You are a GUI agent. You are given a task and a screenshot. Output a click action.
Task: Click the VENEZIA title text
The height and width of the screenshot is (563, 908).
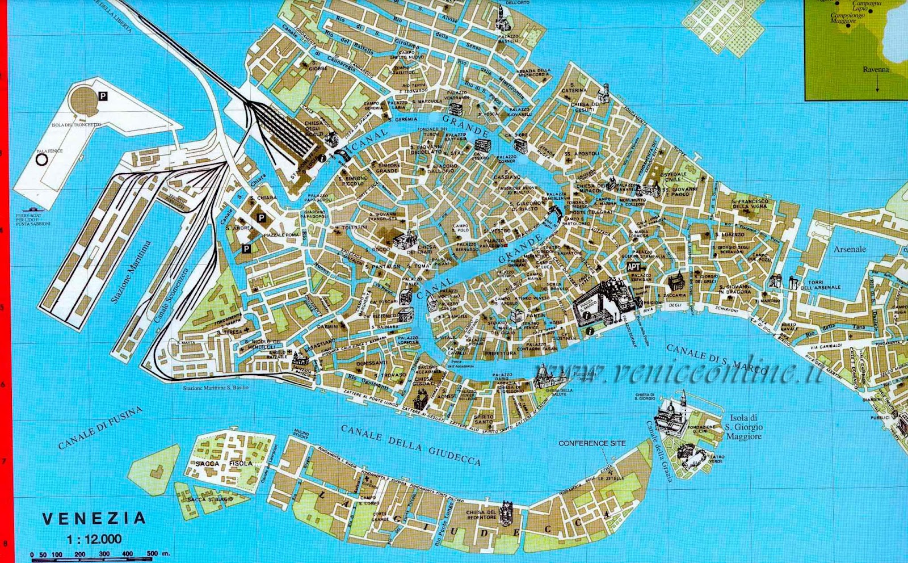[x=94, y=518]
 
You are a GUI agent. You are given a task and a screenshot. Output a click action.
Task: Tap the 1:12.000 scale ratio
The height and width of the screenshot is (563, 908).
[x=94, y=539]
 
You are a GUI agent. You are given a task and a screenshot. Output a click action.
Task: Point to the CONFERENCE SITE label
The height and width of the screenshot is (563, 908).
[x=592, y=443]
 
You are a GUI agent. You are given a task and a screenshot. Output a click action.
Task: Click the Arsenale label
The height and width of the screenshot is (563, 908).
[x=850, y=249]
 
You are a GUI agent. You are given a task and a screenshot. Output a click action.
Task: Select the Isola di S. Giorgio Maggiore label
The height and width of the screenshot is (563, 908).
[x=743, y=427]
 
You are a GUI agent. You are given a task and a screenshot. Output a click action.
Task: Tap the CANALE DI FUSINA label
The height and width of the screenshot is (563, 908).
[x=100, y=427]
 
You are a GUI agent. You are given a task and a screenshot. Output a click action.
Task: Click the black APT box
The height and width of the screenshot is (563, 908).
[x=633, y=266]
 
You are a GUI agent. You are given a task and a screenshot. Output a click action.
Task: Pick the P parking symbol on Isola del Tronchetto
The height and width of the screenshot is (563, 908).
[x=103, y=96]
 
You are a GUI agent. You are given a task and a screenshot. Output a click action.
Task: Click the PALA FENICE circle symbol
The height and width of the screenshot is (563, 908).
[x=41, y=160]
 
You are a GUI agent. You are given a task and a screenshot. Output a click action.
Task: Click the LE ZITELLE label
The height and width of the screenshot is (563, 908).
[x=610, y=478]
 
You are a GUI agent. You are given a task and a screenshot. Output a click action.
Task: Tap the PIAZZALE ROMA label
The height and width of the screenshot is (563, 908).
[x=281, y=234]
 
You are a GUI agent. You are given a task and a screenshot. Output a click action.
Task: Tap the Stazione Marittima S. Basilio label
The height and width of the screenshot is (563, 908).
[x=216, y=388]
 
